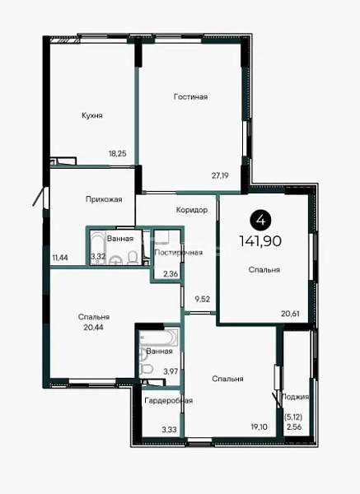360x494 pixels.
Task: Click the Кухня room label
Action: click(92, 115)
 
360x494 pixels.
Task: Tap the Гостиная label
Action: click(191, 96)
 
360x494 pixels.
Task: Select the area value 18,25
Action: click(118, 153)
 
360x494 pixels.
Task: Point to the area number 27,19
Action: click(220, 175)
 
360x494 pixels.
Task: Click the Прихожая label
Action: click(104, 199)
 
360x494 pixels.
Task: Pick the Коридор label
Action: click(192, 210)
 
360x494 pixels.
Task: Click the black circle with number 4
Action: click(261, 220)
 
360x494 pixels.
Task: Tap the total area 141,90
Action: click(260, 241)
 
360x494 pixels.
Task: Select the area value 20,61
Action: click(290, 314)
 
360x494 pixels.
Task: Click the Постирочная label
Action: click(179, 253)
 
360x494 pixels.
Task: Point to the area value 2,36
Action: click(171, 274)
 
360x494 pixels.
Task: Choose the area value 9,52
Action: click(203, 299)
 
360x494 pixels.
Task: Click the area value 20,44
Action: click(94, 328)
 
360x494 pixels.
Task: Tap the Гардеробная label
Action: click(168, 400)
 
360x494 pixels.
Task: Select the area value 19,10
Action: click(259, 426)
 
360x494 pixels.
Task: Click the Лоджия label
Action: click(294, 397)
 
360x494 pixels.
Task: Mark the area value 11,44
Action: click(60, 258)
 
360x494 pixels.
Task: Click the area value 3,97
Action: click(171, 371)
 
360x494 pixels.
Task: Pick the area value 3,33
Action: click(169, 430)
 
